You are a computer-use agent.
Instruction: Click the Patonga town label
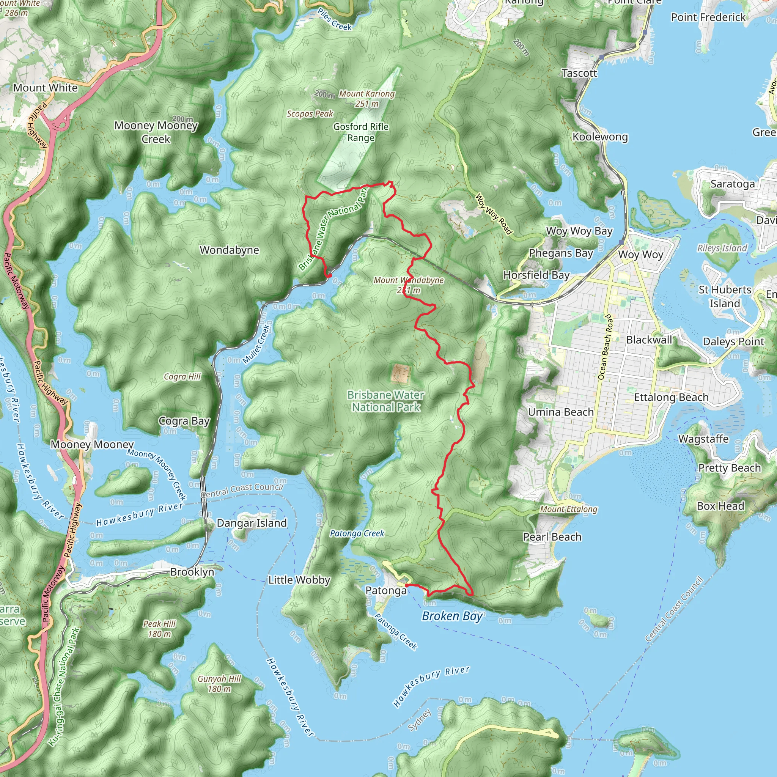tap(386, 590)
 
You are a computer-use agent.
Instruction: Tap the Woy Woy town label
tap(641, 255)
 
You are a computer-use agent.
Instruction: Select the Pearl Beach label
tap(552, 537)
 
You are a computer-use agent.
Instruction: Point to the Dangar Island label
tap(252, 523)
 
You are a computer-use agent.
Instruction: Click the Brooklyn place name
tap(192, 571)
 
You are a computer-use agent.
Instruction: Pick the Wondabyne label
tap(229, 250)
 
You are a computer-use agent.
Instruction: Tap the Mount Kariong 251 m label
tap(366, 99)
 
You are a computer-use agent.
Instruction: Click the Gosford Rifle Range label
tap(361, 132)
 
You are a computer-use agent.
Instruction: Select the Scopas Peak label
tap(310, 114)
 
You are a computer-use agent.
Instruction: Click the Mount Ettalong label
tap(568, 509)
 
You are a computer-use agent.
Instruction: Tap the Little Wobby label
tap(299, 580)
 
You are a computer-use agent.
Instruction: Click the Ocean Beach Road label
tap(605, 347)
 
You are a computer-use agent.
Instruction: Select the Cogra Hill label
tap(182, 376)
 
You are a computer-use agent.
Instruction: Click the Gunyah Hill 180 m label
tap(219, 684)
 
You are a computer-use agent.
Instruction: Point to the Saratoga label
tap(732, 184)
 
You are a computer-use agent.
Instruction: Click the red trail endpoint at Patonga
tap(407, 585)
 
